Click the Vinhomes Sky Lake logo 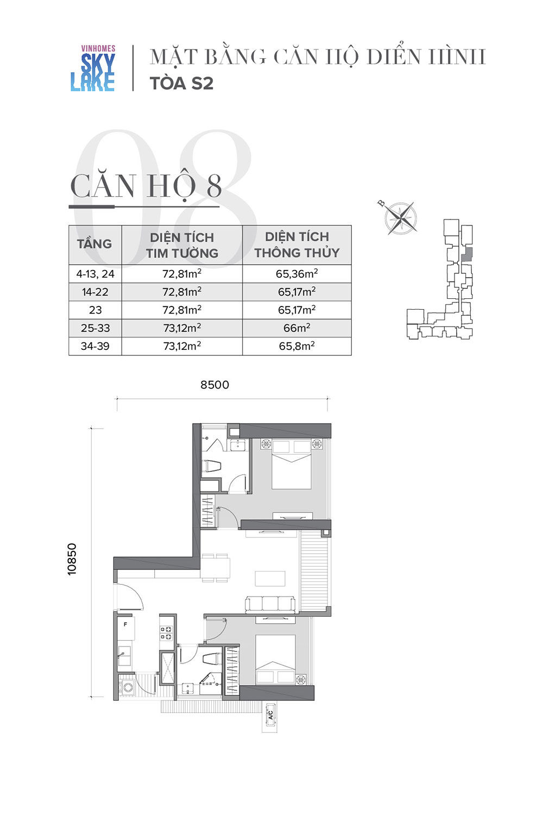coord(93,68)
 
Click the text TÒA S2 coord(181,83)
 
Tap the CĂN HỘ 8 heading coord(146,186)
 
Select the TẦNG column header coord(94,244)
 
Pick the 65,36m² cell coord(297,273)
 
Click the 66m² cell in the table coord(297,328)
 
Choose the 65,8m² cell coord(297,346)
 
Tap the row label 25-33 coord(95,328)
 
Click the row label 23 coord(95,310)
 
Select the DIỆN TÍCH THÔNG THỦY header coord(297,244)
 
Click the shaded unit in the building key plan coord(466,254)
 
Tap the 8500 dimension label coord(214,385)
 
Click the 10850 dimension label coord(72,559)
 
